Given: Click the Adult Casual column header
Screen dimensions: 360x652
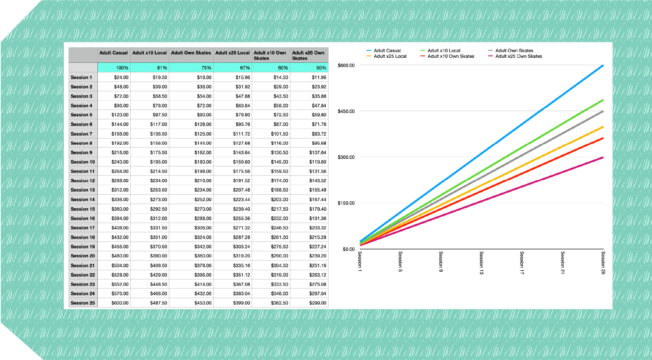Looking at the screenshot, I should click(x=114, y=53).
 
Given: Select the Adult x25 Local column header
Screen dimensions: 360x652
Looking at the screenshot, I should click(x=232, y=53).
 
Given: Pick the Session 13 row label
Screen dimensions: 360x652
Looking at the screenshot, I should click(x=83, y=190).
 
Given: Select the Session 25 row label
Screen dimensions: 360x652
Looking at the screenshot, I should click(x=83, y=303).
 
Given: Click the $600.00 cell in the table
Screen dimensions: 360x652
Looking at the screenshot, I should click(x=120, y=303).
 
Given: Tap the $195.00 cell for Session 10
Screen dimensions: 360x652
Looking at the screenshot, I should click(x=158, y=162).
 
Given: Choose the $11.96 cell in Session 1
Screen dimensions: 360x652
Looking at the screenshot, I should click(x=319, y=77).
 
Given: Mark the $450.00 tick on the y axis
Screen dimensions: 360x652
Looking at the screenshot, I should click(x=346, y=111).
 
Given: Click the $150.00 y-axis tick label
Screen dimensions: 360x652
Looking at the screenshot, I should click(x=346, y=203).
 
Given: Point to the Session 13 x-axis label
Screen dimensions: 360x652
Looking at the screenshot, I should click(x=481, y=263).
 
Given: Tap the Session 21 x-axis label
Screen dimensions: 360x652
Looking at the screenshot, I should click(x=563, y=263).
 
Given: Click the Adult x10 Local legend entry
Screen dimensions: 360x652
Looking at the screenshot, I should click(x=444, y=51).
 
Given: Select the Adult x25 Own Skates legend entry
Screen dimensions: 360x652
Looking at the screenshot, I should click(x=518, y=56).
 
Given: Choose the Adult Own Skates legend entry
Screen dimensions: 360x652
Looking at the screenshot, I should click(x=514, y=51).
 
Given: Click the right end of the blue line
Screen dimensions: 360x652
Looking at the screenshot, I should click(x=603, y=66).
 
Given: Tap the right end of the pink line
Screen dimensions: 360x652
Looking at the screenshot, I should click(x=603, y=158).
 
